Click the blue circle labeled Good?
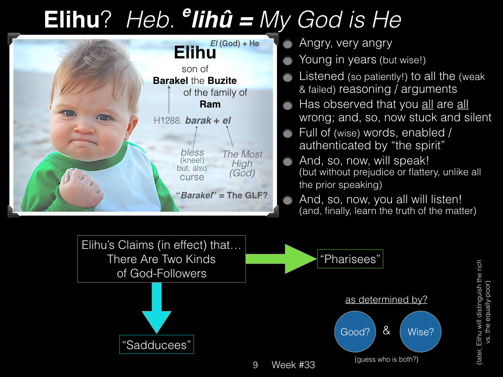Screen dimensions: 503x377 (355, 331)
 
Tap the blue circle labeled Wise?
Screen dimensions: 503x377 (420, 331)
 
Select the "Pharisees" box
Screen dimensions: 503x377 (350, 259)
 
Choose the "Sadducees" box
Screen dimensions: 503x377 (157, 344)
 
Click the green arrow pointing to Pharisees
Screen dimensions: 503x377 (281, 259)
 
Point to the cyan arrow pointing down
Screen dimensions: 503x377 (157, 308)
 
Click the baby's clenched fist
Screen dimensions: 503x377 (80, 187)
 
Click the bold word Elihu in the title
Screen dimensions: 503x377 (72, 20)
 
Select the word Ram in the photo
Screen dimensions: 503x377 (210, 104)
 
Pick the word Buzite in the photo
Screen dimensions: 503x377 (222, 81)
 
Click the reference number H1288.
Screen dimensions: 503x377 (168, 121)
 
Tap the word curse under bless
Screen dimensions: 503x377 (192, 177)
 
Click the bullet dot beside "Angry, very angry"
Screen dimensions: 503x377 (288, 44)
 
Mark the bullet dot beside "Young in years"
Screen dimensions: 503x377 (288, 60)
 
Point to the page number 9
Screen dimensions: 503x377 (255, 365)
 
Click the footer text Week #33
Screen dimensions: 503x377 (293, 365)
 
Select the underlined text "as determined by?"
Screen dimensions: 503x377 (386, 299)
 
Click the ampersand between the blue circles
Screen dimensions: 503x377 (387, 330)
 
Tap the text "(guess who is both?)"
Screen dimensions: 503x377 (387, 359)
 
